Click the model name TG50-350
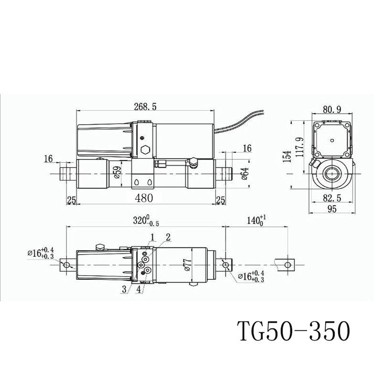pyautogui.click(x=293, y=332)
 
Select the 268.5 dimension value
pyautogui.click(x=145, y=106)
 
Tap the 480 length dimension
pyautogui.click(x=144, y=198)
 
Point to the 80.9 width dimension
pyautogui.click(x=332, y=110)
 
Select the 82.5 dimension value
pyautogui.click(x=332, y=198)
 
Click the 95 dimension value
pyautogui.click(x=332, y=209)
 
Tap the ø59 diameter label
pyautogui.click(x=117, y=172)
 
